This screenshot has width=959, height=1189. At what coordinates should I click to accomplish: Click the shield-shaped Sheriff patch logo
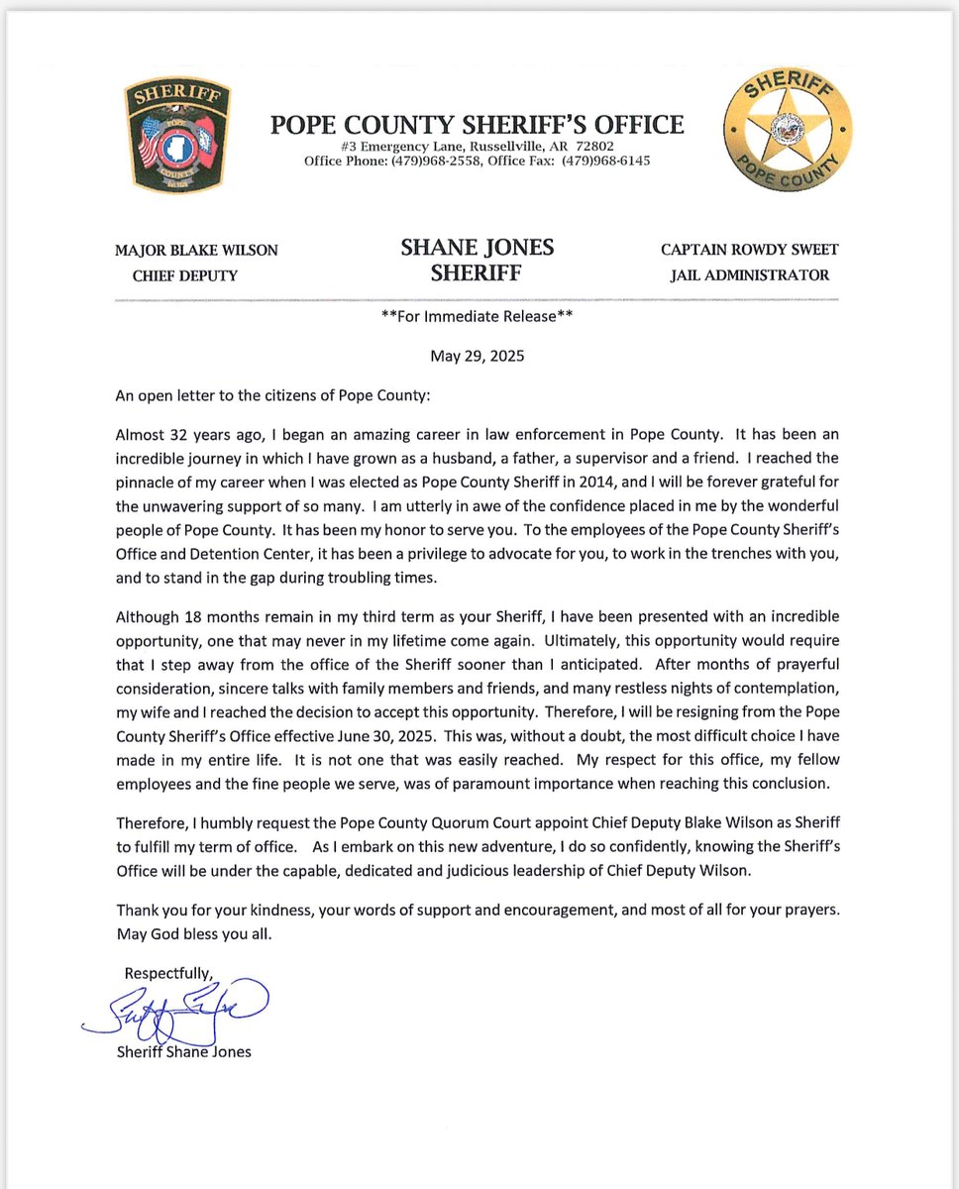pos(179,135)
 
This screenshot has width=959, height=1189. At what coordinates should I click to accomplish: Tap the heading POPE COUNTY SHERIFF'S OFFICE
pos(477,124)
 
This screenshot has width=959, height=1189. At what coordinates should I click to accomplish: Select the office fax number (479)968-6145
pos(607,161)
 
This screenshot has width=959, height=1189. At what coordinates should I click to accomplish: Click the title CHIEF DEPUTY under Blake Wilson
pos(185,275)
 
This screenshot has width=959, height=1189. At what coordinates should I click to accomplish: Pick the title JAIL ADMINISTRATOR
pos(750,275)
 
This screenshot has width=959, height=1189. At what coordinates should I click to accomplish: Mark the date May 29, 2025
pos(477,356)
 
